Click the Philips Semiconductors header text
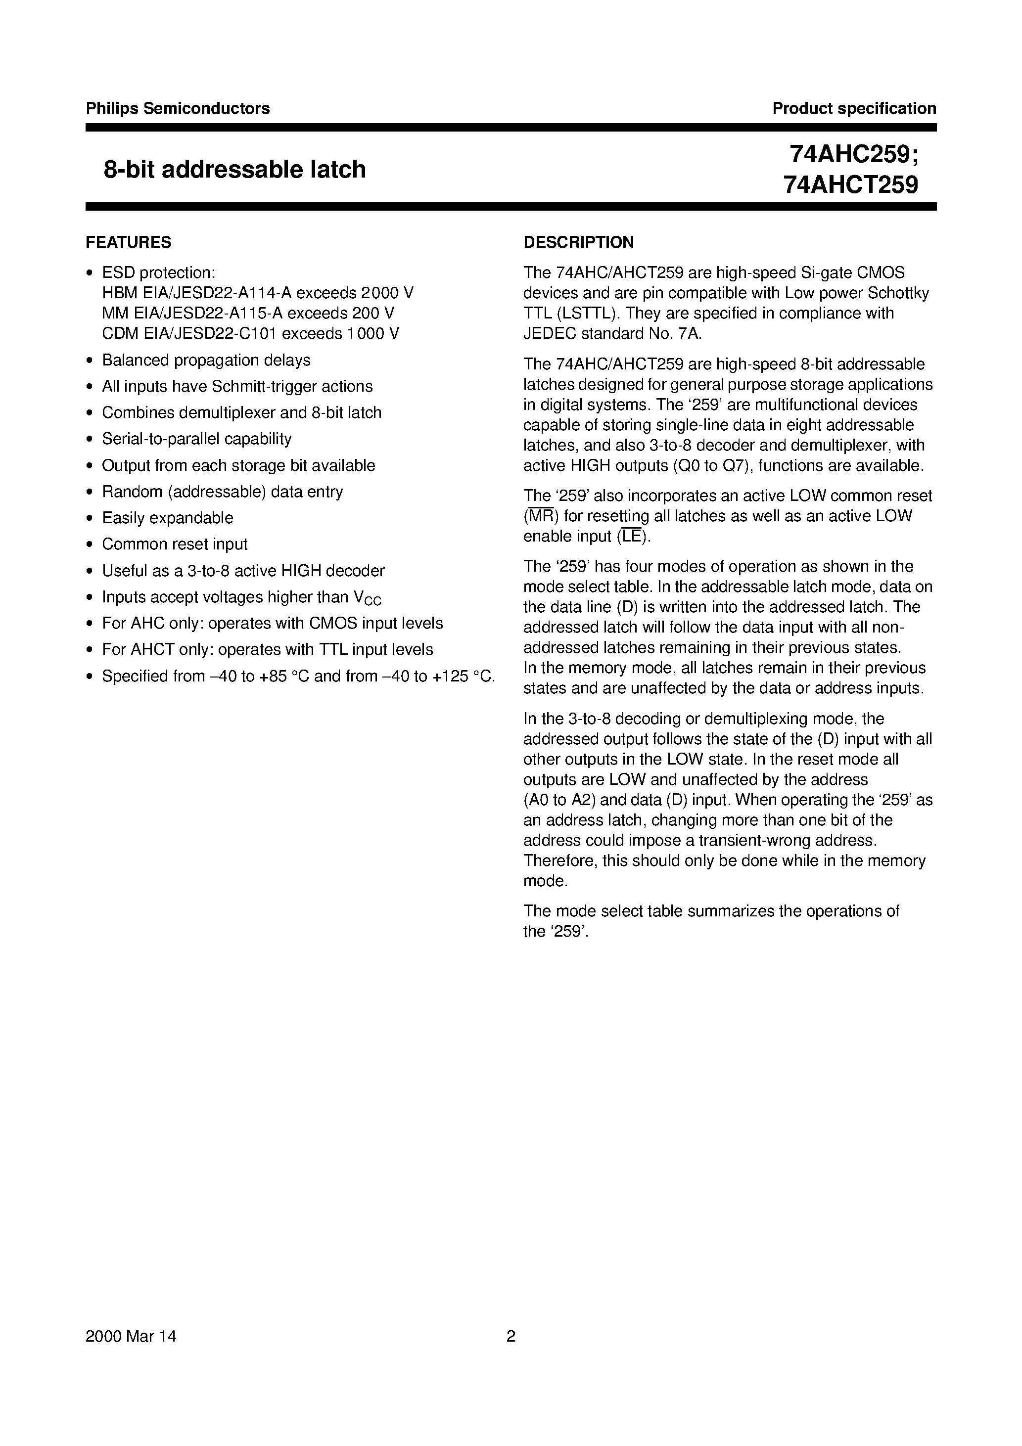point(178,108)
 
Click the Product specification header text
point(854,108)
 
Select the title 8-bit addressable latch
point(234,170)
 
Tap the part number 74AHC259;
point(854,154)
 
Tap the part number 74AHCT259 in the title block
point(850,184)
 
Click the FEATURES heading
point(129,242)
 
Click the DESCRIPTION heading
point(578,242)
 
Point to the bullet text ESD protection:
point(159,272)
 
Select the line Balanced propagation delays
point(206,360)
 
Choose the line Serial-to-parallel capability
point(196,439)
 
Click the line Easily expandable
point(168,518)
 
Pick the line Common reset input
point(175,544)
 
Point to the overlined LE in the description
point(631,537)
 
